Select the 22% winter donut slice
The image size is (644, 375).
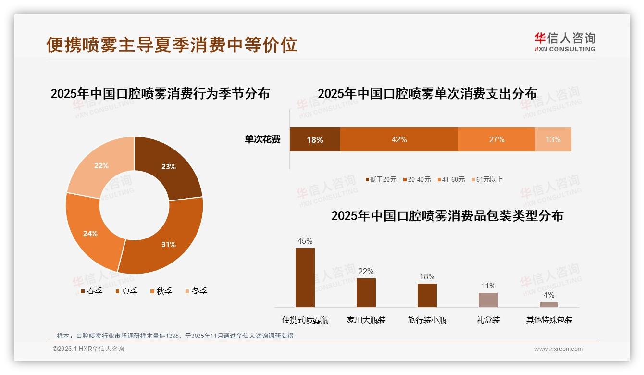point(99,166)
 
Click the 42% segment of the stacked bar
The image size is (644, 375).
point(399,139)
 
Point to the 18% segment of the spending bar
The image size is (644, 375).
point(315,139)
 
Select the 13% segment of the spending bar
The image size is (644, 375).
point(553,139)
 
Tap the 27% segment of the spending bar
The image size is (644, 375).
point(496,139)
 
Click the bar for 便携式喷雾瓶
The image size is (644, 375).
point(305,277)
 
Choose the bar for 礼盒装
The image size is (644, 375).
point(488,300)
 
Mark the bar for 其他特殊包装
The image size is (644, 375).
point(549,305)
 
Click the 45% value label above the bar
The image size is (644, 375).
point(305,241)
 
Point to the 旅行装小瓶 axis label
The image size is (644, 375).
point(427,320)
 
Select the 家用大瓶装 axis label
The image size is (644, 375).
point(366,320)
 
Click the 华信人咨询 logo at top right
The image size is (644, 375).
point(565,42)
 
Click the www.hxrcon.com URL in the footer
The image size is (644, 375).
point(558,349)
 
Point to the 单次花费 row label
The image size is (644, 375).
point(262,139)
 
